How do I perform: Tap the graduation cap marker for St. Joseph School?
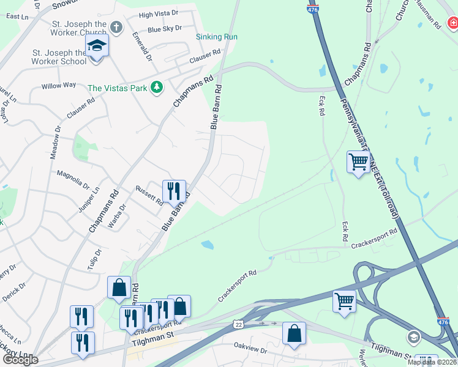(97, 46)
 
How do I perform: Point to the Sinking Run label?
(217, 37)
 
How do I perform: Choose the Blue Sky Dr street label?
(165, 28)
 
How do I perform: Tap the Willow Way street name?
(59, 86)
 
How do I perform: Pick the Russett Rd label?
(149, 195)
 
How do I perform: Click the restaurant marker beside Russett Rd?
(174, 190)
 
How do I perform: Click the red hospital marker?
(452, 23)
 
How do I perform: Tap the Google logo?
(20, 360)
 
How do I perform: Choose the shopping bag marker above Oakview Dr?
(294, 333)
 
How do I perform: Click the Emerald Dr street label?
(141, 46)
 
